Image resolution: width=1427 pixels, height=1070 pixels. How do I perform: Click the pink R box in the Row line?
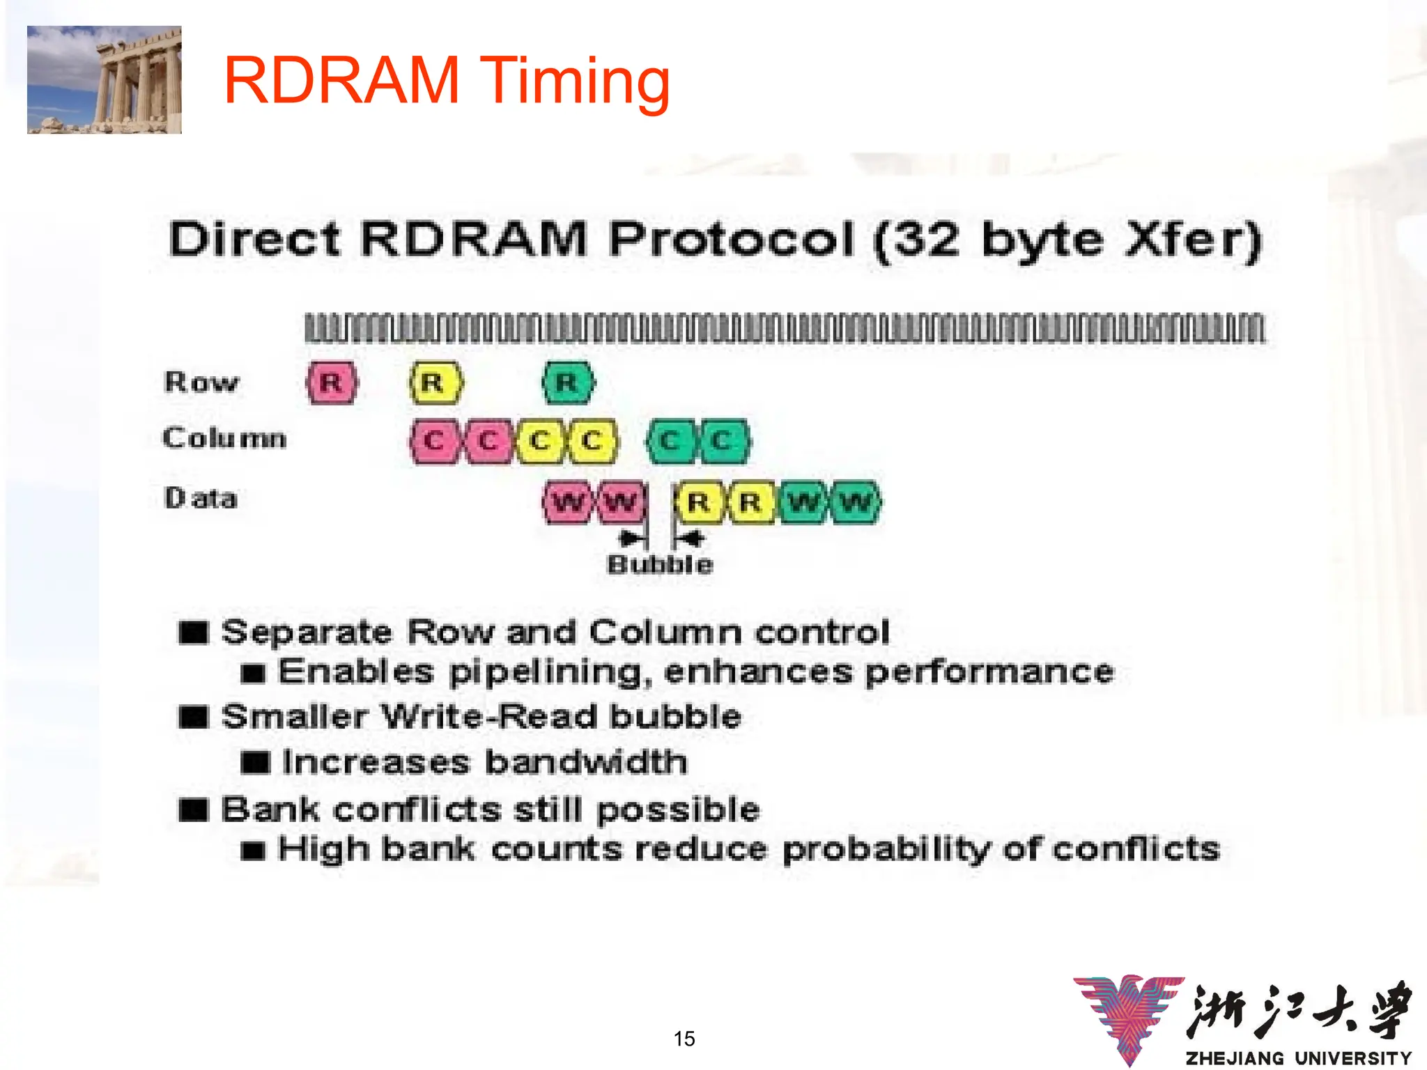pyautogui.click(x=332, y=382)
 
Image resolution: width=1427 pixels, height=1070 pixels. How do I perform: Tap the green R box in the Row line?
pyautogui.click(x=568, y=382)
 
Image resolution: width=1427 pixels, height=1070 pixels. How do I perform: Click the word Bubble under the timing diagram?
pyautogui.click(x=660, y=564)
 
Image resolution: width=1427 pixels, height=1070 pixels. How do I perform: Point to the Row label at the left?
pyautogui.click(x=201, y=382)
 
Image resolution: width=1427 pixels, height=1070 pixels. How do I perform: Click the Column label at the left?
pyautogui.click(x=224, y=437)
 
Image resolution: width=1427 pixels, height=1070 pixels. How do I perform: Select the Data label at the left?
pyautogui.click(x=201, y=498)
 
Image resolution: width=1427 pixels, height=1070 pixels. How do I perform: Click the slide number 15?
pyautogui.click(x=684, y=1039)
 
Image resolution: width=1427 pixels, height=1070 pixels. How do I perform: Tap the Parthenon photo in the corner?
pyautogui.click(x=105, y=79)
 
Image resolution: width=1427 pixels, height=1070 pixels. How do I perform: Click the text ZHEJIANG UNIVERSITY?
pyautogui.click(x=1298, y=1057)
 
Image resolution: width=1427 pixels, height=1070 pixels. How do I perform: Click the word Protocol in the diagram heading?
pyautogui.click(x=732, y=239)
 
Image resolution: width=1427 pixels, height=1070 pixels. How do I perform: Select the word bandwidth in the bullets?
pyautogui.click(x=586, y=761)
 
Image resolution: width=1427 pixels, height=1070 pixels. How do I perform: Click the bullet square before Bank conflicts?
pyautogui.click(x=193, y=809)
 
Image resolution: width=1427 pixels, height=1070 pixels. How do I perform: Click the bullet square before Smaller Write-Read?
pyautogui.click(x=193, y=717)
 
